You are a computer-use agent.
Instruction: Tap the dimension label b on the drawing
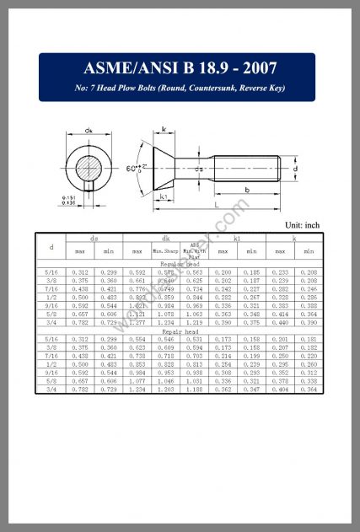pos(246,190)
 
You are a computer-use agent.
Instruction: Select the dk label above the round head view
pos(89,131)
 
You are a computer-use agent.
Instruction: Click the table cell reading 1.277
pos(137,323)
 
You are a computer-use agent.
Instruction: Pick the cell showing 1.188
pos(194,390)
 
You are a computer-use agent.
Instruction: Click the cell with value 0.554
pos(137,339)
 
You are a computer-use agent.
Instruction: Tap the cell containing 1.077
pos(137,381)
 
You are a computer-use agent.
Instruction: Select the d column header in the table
pos(51,247)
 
